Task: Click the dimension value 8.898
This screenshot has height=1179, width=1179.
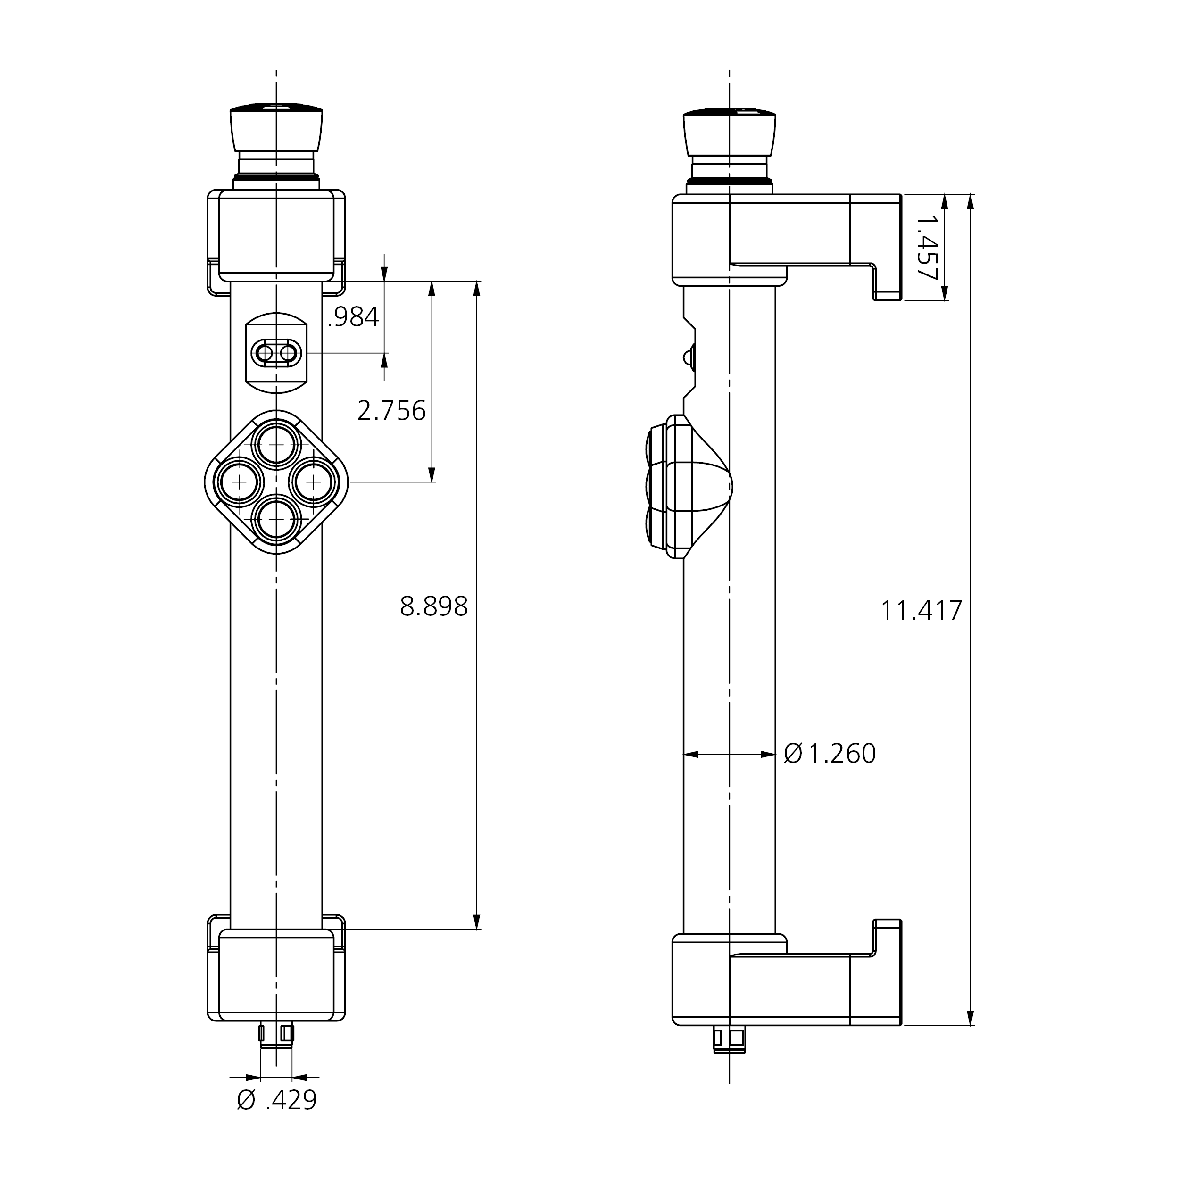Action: coord(433,606)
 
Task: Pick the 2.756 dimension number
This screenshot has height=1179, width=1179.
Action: coord(391,411)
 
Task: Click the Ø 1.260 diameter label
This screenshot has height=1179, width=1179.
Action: coord(830,754)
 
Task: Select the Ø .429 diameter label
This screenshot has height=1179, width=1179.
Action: coord(277,1100)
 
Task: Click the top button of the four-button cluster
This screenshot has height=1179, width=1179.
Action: coord(276,445)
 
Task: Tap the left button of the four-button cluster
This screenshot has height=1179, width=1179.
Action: coord(239,482)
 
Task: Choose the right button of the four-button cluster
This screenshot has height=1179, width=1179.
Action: coord(314,482)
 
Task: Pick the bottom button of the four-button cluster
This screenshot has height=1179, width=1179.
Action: coord(276,519)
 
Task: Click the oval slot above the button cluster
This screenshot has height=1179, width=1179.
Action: coord(276,353)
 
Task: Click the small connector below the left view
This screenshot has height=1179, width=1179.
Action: coord(276,1034)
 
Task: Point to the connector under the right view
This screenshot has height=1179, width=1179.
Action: coord(729,1038)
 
